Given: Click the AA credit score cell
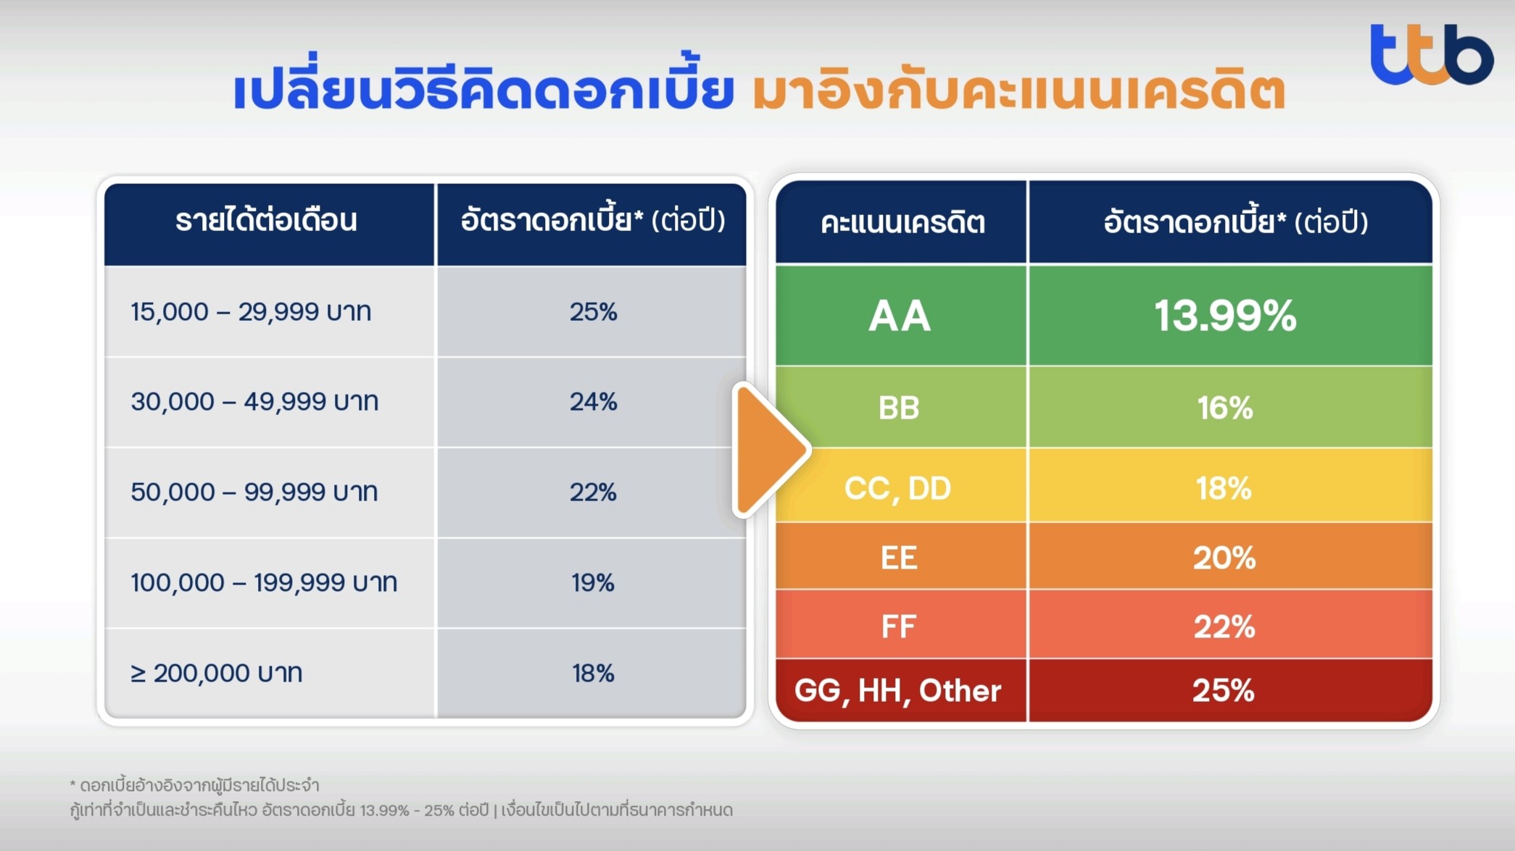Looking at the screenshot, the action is pyautogui.click(x=900, y=316).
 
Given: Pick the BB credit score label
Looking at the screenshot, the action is pyautogui.click(x=899, y=408).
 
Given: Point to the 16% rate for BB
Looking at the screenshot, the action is pyautogui.click(x=1225, y=408).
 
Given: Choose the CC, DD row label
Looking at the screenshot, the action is pyautogui.click(x=897, y=489).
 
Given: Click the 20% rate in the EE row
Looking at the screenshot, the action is pyautogui.click(x=1224, y=558).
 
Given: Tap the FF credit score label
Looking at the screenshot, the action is pyautogui.click(x=899, y=626).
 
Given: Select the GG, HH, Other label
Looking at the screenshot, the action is pyautogui.click(x=897, y=691).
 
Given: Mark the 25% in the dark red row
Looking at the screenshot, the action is pyautogui.click(x=1224, y=690).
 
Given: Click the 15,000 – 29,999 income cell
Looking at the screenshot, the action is pyautogui.click(x=251, y=311).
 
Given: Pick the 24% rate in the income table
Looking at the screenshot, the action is pyautogui.click(x=593, y=401).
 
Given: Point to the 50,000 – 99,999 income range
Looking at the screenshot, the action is pyautogui.click(x=254, y=492).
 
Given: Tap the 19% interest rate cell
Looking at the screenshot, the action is pyautogui.click(x=593, y=582).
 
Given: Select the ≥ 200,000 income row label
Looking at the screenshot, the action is pyautogui.click(x=216, y=673).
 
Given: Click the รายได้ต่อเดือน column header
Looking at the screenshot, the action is pyautogui.click(x=267, y=220).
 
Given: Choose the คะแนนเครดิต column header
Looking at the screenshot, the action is pyautogui.click(x=902, y=222).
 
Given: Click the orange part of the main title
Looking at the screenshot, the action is pyautogui.click(x=1018, y=91).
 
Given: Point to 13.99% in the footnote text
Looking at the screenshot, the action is pyautogui.click(x=383, y=810).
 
